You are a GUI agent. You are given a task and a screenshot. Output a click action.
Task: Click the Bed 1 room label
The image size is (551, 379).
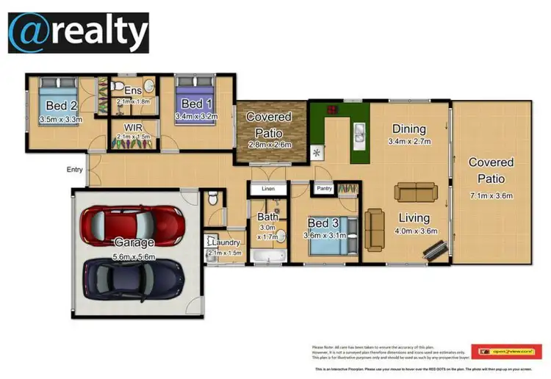coord(197,103)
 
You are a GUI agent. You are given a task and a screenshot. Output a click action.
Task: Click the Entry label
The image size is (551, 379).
coord(75,170)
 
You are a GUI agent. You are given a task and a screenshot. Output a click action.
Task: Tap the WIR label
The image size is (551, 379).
coord(133,126)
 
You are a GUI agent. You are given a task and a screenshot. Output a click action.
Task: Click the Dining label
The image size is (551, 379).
coord(409,127)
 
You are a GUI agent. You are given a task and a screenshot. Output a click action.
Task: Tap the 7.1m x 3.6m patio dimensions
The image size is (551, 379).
coord(490,195)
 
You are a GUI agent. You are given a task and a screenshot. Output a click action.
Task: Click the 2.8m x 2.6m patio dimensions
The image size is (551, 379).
coord(269,145)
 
